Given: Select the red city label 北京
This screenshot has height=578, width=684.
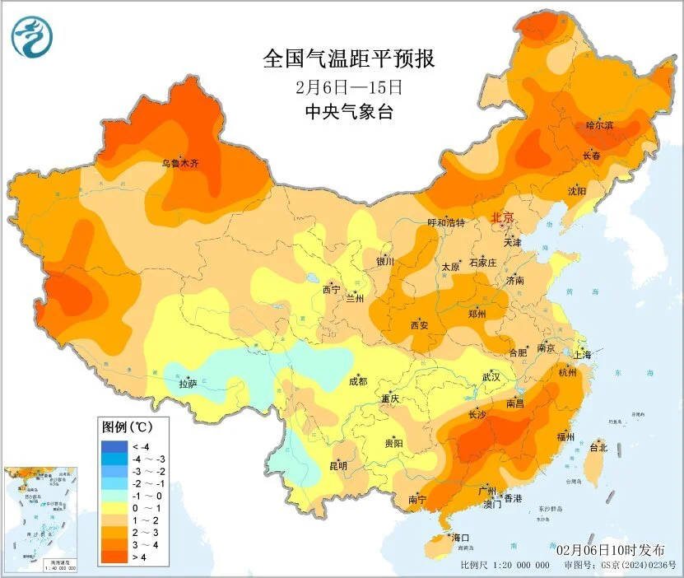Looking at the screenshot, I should pos(501,217).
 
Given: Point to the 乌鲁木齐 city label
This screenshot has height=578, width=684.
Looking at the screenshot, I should pos(179,164).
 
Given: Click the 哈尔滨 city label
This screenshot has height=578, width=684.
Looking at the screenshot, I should pos(599,126).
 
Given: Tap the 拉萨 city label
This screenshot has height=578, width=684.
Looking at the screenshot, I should pos(188,384).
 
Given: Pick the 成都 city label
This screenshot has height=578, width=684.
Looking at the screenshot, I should pos(357,381).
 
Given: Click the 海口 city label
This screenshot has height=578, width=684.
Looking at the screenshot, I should pos(461,538).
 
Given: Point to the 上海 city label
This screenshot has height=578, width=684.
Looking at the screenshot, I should pos(583,355).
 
